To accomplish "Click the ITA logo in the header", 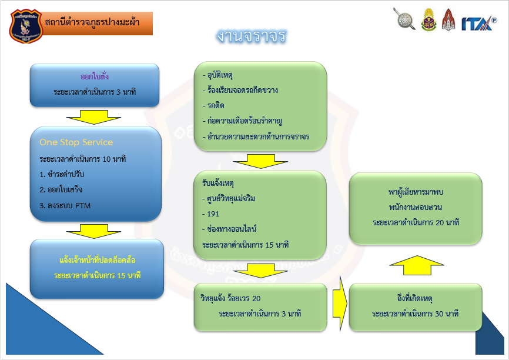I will click(x=477, y=23).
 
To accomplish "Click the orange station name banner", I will click(x=98, y=23).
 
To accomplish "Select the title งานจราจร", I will click(x=251, y=36).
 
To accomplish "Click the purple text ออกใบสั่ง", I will click(x=95, y=77).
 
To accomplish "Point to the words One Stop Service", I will click(x=76, y=142).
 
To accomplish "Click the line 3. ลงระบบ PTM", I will click(x=66, y=205).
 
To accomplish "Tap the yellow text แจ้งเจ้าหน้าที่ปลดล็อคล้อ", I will click(x=98, y=259).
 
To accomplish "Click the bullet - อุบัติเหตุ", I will click(x=217, y=75).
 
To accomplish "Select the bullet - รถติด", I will click(x=213, y=106).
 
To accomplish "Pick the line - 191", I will click(x=210, y=214).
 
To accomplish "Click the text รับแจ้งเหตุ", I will click(x=217, y=183).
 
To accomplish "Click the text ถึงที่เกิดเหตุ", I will click(x=415, y=298).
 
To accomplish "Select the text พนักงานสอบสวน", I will click(x=415, y=207).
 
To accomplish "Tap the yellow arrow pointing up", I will click(x=416, y=267).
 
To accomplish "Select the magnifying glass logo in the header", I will click(x=404, y=19).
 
